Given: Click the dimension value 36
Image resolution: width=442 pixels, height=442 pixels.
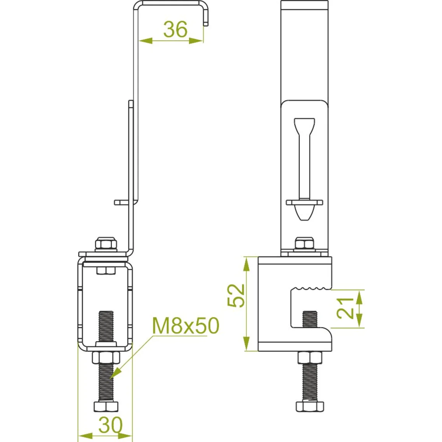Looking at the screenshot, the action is [x=175, y=29].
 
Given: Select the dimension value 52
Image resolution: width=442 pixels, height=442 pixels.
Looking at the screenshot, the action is [x=236, y=296].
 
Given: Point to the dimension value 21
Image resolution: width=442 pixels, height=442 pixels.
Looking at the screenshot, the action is [x=345, y=308].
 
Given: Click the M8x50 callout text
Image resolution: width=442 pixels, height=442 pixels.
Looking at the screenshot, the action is [x=186, y=326].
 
